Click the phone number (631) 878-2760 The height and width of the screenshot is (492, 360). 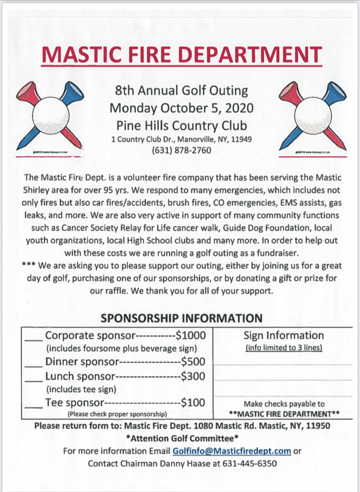click(x=181, y=150)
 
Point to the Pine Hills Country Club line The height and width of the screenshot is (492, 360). click(x=181, y=125)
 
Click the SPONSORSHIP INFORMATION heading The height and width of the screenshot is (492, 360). click(x=181, y=318)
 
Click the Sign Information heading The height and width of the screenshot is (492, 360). click(x=283, y=335)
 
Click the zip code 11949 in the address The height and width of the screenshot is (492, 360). click(x=242, y=139)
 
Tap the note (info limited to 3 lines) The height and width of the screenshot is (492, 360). click(x=283, y=347)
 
